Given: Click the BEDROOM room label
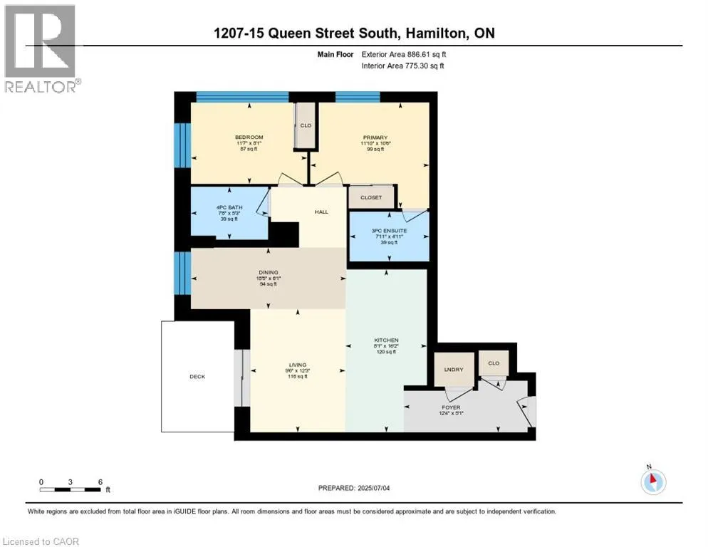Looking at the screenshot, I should click(x=249, y=137).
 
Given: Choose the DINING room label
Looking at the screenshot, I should click(x=268, y=272).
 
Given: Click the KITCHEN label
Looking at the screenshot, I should click(x=387, y=340).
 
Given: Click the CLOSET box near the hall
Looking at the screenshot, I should click(x=370, y=197).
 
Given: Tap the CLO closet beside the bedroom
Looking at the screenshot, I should click(x=306, y=126).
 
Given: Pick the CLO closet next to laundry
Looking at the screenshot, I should click(x=494, y=363).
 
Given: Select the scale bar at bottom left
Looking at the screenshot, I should click(x=71, y=488).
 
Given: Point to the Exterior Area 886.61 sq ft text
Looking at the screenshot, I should click(x=404, y=54).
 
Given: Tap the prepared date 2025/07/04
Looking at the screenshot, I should click(x=355, y=488).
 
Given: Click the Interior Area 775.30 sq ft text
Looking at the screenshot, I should click(x=404, y=66).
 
